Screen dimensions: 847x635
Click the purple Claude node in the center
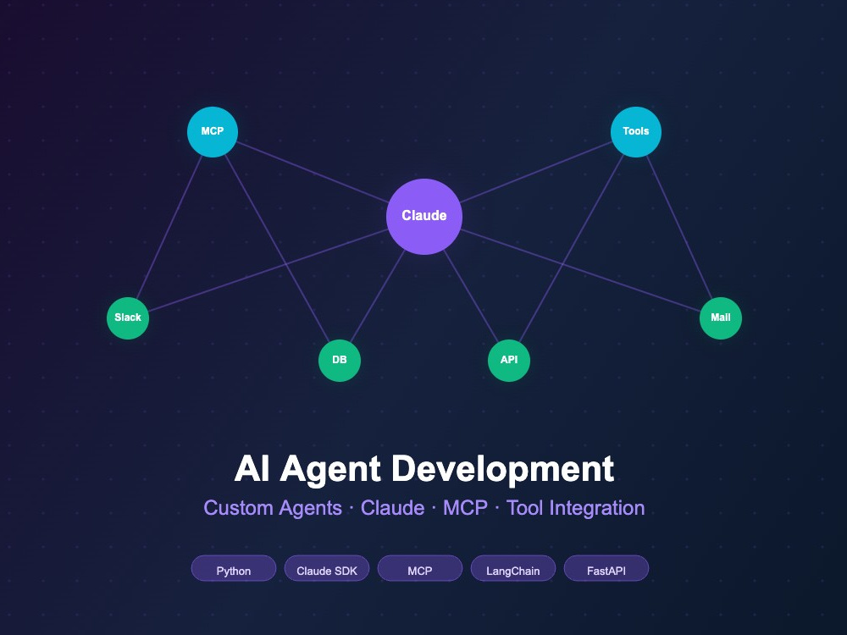pyautogui.click(x=424, y=216)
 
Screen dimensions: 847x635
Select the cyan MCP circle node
pyautogui.click(x=213, y=132)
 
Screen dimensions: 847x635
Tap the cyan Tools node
pyautogui.click(x=636, y=132)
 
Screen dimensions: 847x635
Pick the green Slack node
pyautogui.click(x=128, y=318)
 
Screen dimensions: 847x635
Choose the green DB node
pyautogui.click(x=340, y=360)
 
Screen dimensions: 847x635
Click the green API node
pyautogui.click(x=509, y=360)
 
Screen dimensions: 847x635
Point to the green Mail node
pyautogui.click(x=721, y=318)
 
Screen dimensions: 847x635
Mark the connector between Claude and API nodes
pyautogui.click(x=470, y=295)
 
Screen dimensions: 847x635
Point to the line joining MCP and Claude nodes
pyautogui.click(x=313, y=172)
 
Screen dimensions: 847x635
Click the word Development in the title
pyautogui.click(x=502, y=469)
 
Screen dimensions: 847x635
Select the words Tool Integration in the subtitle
pyautogui.click(x=575, y=508)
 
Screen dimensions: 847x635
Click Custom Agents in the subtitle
pyautogui.click(x=273, y=508)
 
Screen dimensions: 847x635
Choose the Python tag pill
pyautogui.click(x=234, y=569)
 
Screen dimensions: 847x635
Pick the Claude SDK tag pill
pyautogui.click(x=327, y=569)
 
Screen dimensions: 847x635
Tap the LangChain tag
pyautogui.click(x=513, y=569)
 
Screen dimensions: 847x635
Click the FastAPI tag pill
pyautogui.click(x=606, y=569)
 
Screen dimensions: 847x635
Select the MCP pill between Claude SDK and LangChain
pyautogui.click(x=420, y=569)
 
